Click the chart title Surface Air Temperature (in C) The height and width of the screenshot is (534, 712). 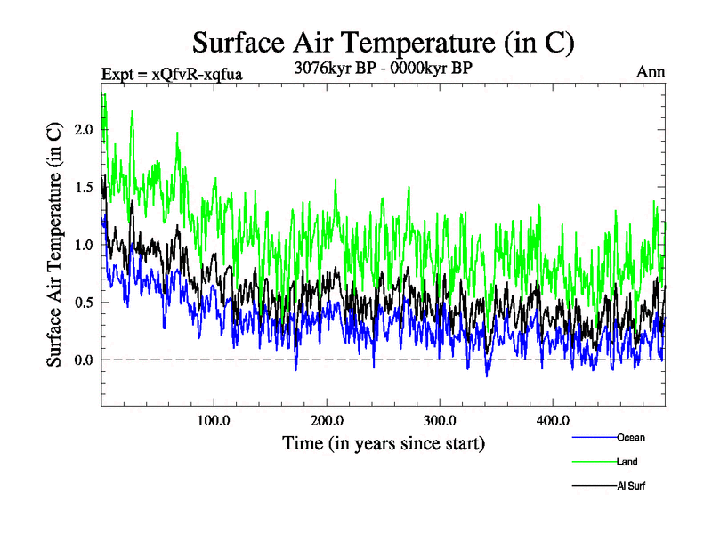pos(384,43)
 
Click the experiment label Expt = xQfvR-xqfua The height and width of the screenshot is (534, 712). pos(166,73)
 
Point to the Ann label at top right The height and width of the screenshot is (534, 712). pos(651,72)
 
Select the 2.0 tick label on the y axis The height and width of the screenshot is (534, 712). pos(84,130)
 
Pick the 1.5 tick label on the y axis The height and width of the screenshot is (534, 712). pos(84,188)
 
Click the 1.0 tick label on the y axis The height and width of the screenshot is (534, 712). pos(84,245)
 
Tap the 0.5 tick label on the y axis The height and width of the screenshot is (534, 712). pos(84,303)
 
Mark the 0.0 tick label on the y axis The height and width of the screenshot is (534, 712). pos(84,360)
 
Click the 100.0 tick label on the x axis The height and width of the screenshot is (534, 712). pos(214,420)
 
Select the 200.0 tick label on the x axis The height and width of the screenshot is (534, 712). pos(327,420)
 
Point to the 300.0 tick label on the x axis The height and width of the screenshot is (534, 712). pos(440,420)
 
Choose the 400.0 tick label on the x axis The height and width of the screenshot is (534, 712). pos(553,420)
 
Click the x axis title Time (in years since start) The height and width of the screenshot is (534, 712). pos(384,442)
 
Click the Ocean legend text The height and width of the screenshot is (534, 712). pos(630,438)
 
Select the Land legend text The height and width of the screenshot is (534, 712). pos(627,462)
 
